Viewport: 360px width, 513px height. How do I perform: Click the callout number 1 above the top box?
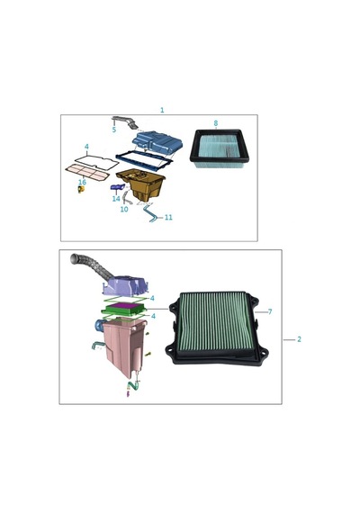click(162, 110)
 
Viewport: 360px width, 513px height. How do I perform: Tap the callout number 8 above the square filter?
click(216, 123)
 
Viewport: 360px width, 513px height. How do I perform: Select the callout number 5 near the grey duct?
click(114, 130)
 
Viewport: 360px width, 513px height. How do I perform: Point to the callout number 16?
click(83, 182)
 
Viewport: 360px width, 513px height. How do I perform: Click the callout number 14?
click(116, 199)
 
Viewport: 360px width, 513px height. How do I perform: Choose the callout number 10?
click(124, 209)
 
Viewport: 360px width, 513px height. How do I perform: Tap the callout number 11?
click(168, 217)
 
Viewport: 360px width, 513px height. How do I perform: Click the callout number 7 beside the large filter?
click(270, 311)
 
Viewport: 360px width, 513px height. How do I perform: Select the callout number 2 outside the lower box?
click(299, 339)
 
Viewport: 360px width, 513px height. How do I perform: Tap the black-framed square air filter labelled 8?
click(220, 148)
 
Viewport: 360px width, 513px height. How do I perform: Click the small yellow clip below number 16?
click(81, 189)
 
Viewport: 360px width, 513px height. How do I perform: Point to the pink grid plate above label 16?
click(87, 173)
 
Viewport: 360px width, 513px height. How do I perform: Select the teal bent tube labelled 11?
click(151, 212)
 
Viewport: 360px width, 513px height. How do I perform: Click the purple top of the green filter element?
click(123, 307)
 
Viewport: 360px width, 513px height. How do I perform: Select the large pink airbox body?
click(123, 346)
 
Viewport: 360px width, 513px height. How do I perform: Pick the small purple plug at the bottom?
click(128, 394)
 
